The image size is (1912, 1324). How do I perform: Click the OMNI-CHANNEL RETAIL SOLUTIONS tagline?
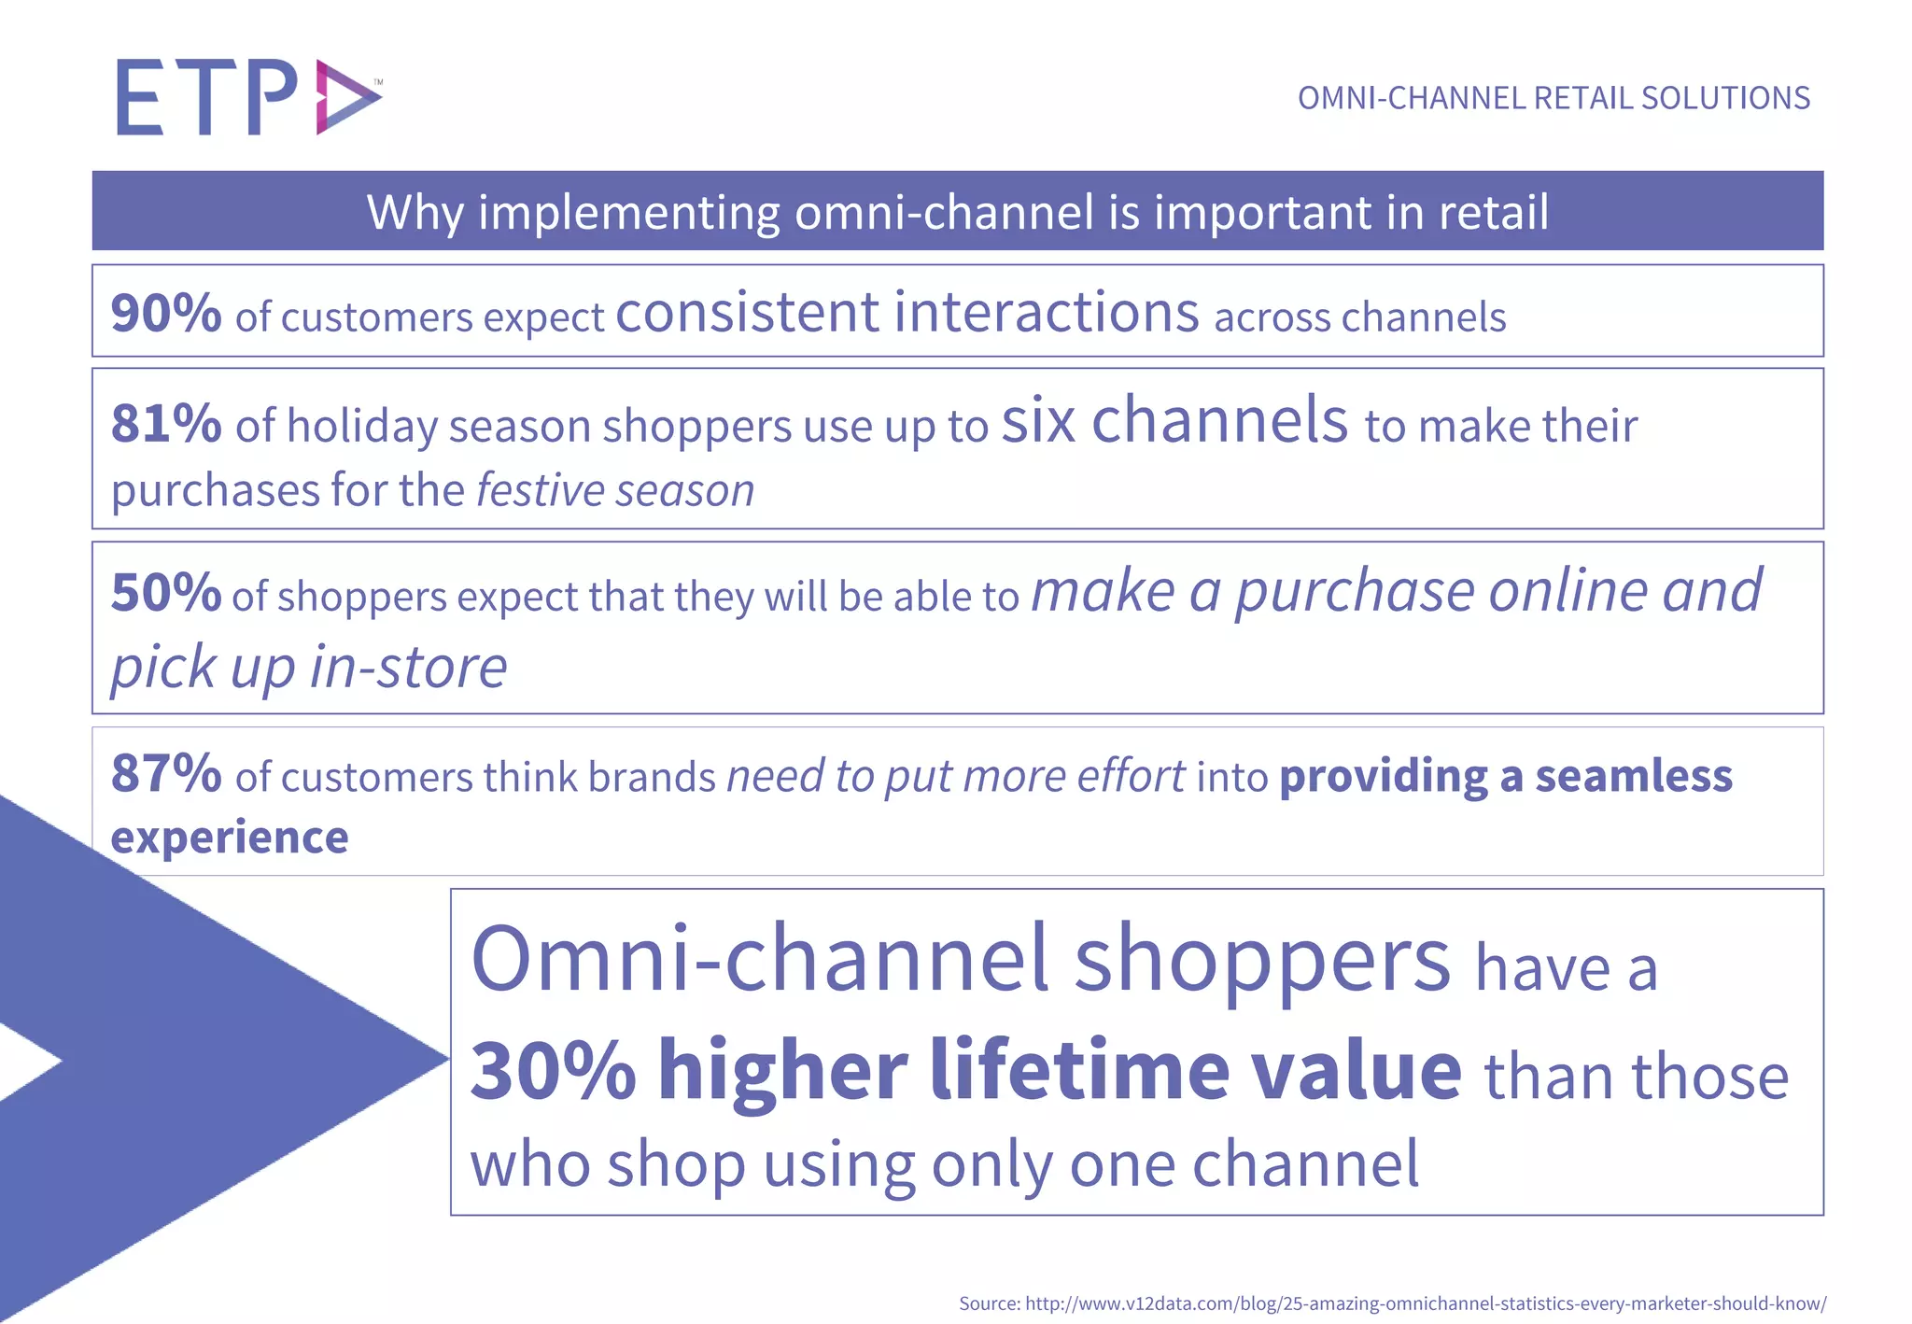pos(1553,98)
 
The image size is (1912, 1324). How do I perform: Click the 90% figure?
pos(166,313)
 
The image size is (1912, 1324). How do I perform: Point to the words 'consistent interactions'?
pos(907,312)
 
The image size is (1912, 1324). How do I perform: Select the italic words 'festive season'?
pos(615,490)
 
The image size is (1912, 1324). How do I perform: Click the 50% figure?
pos(166,593)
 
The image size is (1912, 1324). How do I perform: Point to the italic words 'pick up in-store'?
pos(309,667)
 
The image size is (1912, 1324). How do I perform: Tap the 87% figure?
pos(166,774)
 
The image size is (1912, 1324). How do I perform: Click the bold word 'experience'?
pos(230,837)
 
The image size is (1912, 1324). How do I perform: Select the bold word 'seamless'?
pos(1634,776)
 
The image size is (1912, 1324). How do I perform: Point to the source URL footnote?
pos(1392,1303)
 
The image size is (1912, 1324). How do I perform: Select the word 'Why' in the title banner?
pos(415,212)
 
